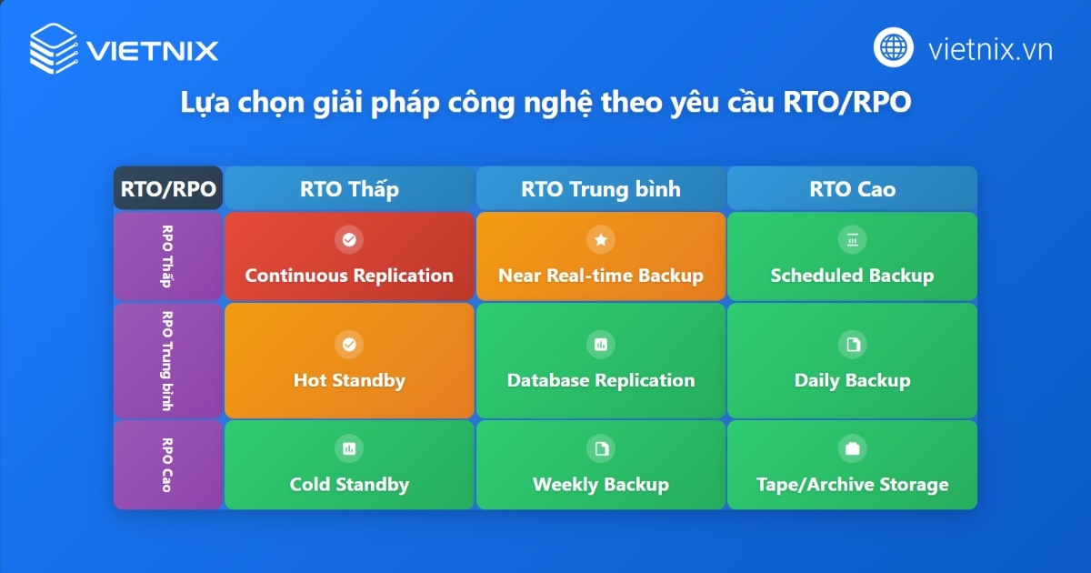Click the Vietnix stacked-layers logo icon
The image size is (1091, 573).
click(x=53, y=47)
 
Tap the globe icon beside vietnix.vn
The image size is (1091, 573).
click(x=894, y=47)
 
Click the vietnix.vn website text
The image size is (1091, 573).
click(x=990, y=48)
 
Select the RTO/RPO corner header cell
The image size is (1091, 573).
click(x=168, y=189)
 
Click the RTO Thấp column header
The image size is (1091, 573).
click(x=349, y=189)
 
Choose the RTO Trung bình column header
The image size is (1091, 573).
click(x=601, y=189)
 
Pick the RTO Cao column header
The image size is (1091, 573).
click(x=852, y=189)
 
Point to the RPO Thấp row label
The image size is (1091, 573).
click(x=167, y=256)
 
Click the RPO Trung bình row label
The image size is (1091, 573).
click(x=167, y=361)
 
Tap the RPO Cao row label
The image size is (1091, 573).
click(x=167, y=465)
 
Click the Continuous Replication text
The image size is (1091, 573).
click(x=349, y=276)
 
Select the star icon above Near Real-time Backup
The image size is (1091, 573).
click(x=601, y=240)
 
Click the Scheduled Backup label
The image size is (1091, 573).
click(x=852, y=276)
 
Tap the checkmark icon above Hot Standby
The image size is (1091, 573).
click(x=349, y=345)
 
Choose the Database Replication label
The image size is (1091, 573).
click(x=601, y=380)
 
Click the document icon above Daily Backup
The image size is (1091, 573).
click(x=852, y=345)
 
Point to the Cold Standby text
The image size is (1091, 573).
click(x=349, y=484)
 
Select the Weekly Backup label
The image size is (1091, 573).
click(x=601, y=484)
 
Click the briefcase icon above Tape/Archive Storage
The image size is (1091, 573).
click(x=852, y=448)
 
